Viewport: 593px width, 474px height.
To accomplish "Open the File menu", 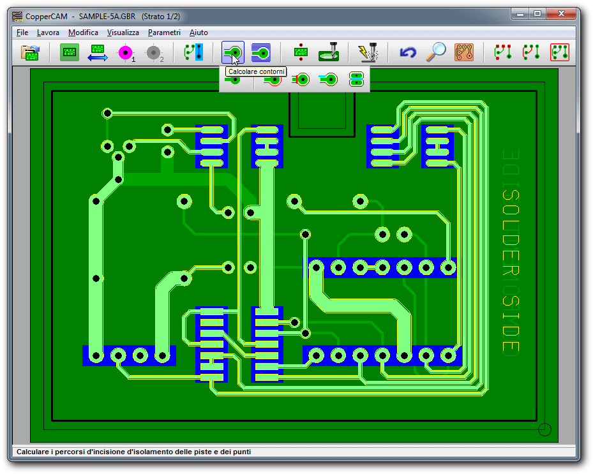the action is (22, 33).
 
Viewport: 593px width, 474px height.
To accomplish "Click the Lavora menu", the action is (48, 33).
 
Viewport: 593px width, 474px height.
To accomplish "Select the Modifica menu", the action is (83, 33).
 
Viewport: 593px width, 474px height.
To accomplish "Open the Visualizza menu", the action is (123, 33).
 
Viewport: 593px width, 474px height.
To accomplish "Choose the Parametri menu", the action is (164, 33).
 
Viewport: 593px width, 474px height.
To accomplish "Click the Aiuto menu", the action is (199, 33).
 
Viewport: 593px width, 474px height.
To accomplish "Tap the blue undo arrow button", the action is (408, 52).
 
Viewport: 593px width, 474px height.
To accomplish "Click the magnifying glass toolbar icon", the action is (436, 52).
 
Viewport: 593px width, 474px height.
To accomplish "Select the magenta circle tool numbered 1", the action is (126, 52).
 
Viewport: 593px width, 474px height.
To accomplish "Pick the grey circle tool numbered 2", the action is (154, 53).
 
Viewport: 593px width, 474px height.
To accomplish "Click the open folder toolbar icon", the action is (31, 52).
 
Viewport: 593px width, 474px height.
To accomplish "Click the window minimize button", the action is (520, 14).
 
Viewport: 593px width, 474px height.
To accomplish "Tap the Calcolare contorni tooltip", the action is (256, 71).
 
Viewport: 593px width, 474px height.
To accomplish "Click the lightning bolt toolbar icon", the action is (368, 52).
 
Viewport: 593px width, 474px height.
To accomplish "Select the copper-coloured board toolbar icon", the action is (464, 52).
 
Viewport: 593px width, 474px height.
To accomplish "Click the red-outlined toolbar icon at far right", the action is (560, 52).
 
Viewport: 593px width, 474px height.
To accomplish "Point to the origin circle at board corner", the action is (544, 429).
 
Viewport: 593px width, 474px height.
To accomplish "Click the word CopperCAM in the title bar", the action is (46, 17).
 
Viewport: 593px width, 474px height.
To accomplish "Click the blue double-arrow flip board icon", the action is (98, 52).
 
